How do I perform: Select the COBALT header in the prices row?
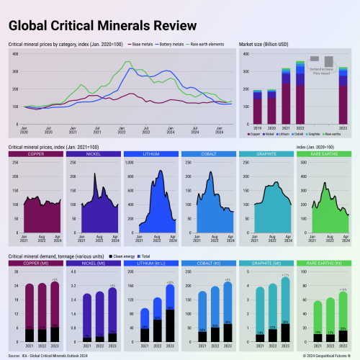[208, 154]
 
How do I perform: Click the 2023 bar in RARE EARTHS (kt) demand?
[343, 317]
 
